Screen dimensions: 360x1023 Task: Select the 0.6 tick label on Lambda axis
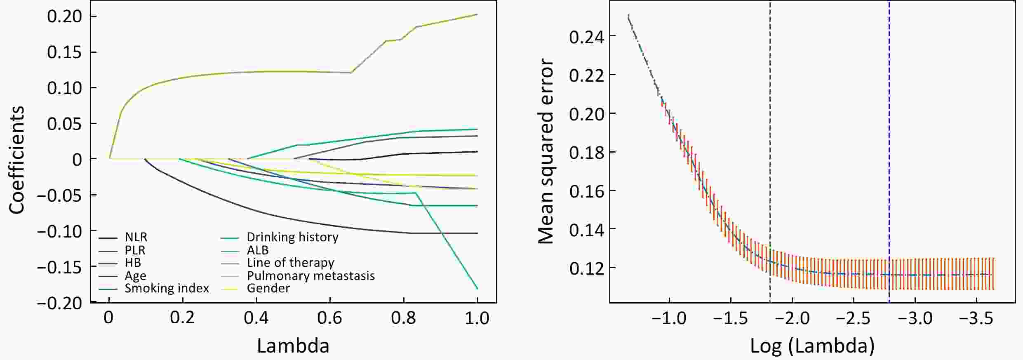[x=330, y=318]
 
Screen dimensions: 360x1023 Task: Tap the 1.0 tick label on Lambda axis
[x=477, y=318]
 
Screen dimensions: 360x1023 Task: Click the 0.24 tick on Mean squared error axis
[x=586, y=37]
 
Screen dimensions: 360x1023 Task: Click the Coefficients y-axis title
[x=17, y=160]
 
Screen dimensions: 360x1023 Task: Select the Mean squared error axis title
[x=546, y=151]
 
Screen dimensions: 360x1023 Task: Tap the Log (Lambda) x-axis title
[x=812, y=346]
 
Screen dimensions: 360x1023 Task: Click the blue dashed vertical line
[x=889, y=124]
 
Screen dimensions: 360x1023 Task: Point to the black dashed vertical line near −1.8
[x=770, y=124]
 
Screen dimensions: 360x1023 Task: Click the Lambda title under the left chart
[x=293, y=346]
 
